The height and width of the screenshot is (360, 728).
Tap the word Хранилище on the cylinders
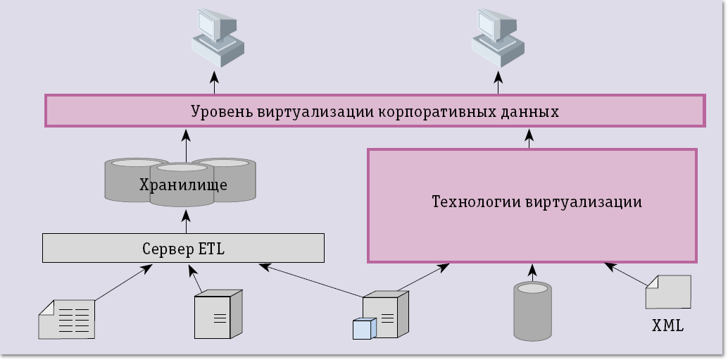[183, 185]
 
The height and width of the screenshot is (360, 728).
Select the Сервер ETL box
[183, 248]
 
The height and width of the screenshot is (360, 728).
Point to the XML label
[667, 327]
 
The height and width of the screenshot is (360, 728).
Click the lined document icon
[67, 318]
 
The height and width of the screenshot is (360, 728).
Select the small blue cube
[364, 328]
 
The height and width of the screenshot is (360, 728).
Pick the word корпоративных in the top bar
[437, 111]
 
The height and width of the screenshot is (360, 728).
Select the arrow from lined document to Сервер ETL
[123, 283]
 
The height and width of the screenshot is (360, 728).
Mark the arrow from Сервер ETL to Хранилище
[186, 221]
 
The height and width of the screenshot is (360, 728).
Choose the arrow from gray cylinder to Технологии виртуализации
[533, 273]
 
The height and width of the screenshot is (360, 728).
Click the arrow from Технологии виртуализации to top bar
[530, 137]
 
